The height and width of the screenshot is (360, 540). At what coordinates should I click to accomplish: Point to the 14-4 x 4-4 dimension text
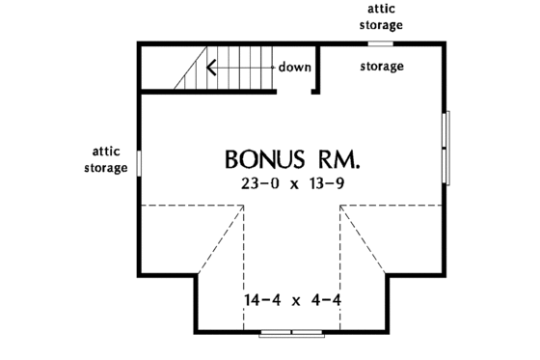tap(291, 300)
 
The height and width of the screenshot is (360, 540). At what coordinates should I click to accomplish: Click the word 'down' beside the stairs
tap(294, 68)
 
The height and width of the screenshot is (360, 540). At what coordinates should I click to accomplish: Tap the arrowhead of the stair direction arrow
tap(207, 68)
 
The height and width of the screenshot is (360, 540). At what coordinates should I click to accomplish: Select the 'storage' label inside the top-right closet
tap(382, 67)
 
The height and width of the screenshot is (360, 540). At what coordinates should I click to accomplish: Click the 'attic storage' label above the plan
tap(382, 16)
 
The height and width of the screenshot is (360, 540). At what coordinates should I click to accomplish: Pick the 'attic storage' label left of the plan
tap(109, 159)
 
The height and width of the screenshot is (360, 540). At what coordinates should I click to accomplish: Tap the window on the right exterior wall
tap(445, 145)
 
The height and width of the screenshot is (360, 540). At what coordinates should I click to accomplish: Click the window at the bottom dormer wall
tap(291, 333)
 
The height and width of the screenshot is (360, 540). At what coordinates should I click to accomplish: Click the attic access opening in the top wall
tap(382, 42)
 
